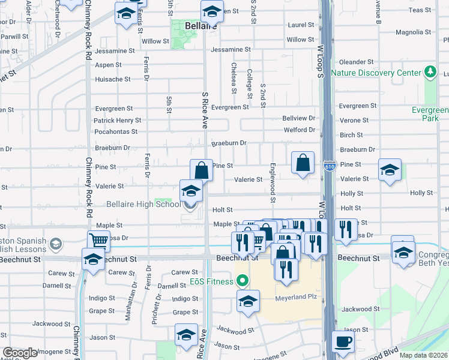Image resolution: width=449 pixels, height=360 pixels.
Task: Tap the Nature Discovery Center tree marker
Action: tap(430, 73)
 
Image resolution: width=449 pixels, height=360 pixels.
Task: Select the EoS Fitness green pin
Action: tap(243, 280)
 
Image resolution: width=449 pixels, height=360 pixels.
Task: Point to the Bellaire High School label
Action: tap(143, 205)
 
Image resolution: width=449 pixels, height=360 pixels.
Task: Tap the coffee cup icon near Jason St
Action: tap(343, 341)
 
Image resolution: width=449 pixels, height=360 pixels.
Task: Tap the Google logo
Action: tap(20, 353)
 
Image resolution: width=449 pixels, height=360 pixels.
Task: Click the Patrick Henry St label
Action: tap(117, 121)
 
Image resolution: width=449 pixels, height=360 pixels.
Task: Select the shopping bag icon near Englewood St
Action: tap(303, 162)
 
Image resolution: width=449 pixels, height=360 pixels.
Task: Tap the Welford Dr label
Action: tap(299, 130)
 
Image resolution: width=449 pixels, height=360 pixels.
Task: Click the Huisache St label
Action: tap(112, 79)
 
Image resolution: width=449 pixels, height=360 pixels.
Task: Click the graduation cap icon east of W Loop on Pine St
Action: tap(390, 170)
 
